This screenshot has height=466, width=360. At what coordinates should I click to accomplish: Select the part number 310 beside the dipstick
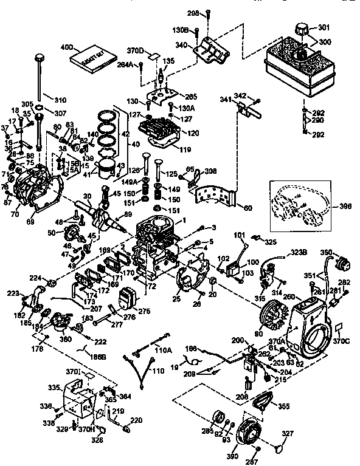(x=60, y=100)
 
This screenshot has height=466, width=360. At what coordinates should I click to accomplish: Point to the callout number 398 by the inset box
(x=345, y=205)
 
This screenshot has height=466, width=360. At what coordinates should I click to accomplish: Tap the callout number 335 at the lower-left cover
(x=54, y=386)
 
